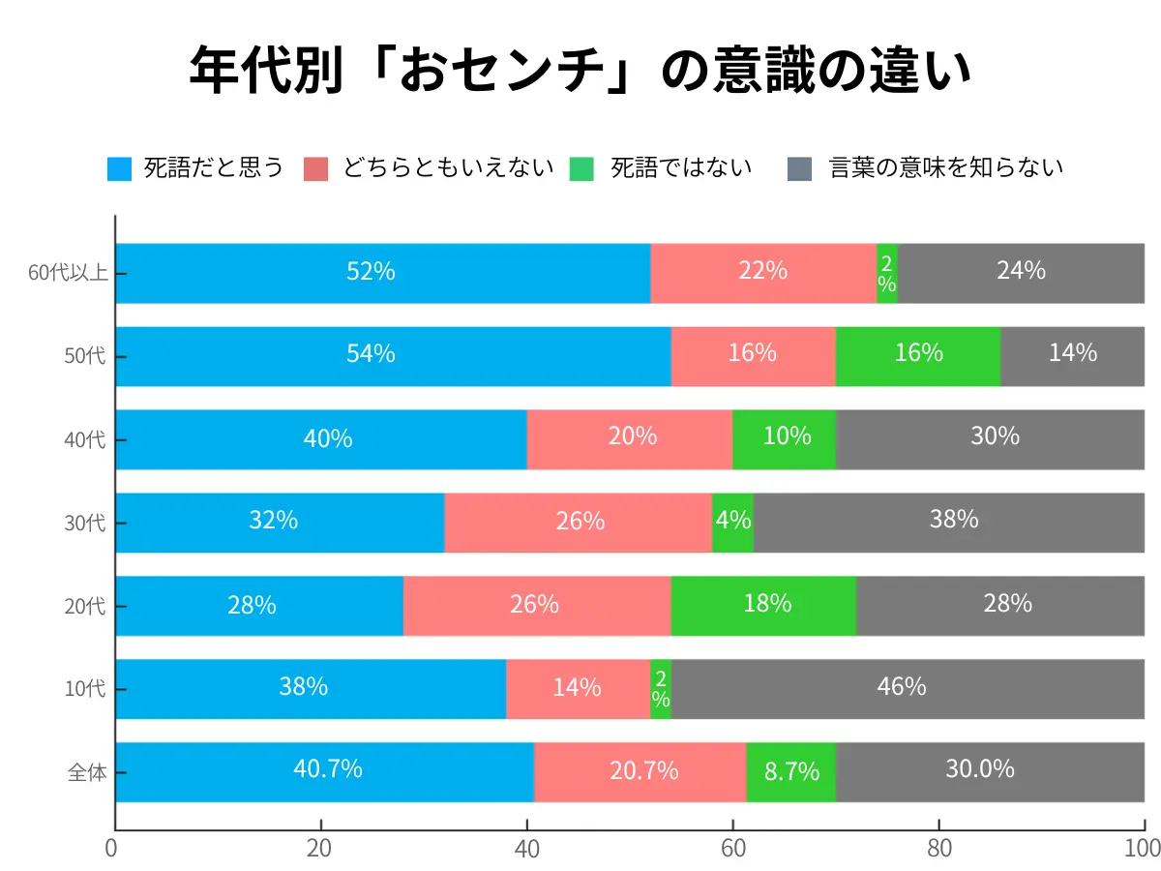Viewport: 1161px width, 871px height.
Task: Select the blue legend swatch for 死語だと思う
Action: (x=119, y=168)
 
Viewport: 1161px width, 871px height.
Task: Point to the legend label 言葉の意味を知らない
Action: (x=946, y=167)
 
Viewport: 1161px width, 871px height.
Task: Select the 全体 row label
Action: (x=86, y=772)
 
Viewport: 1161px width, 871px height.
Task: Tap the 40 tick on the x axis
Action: (x=526, y=848)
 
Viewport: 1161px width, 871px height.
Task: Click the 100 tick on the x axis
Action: (x=1143, y=848)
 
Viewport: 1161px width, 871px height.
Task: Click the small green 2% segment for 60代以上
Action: (x=887, y=273)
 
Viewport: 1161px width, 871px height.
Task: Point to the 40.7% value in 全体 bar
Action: (x=328, y=769)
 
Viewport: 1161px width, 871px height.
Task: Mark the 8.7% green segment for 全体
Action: (x=790, y=772)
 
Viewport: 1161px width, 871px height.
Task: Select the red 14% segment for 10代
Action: (x=578, y=689)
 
